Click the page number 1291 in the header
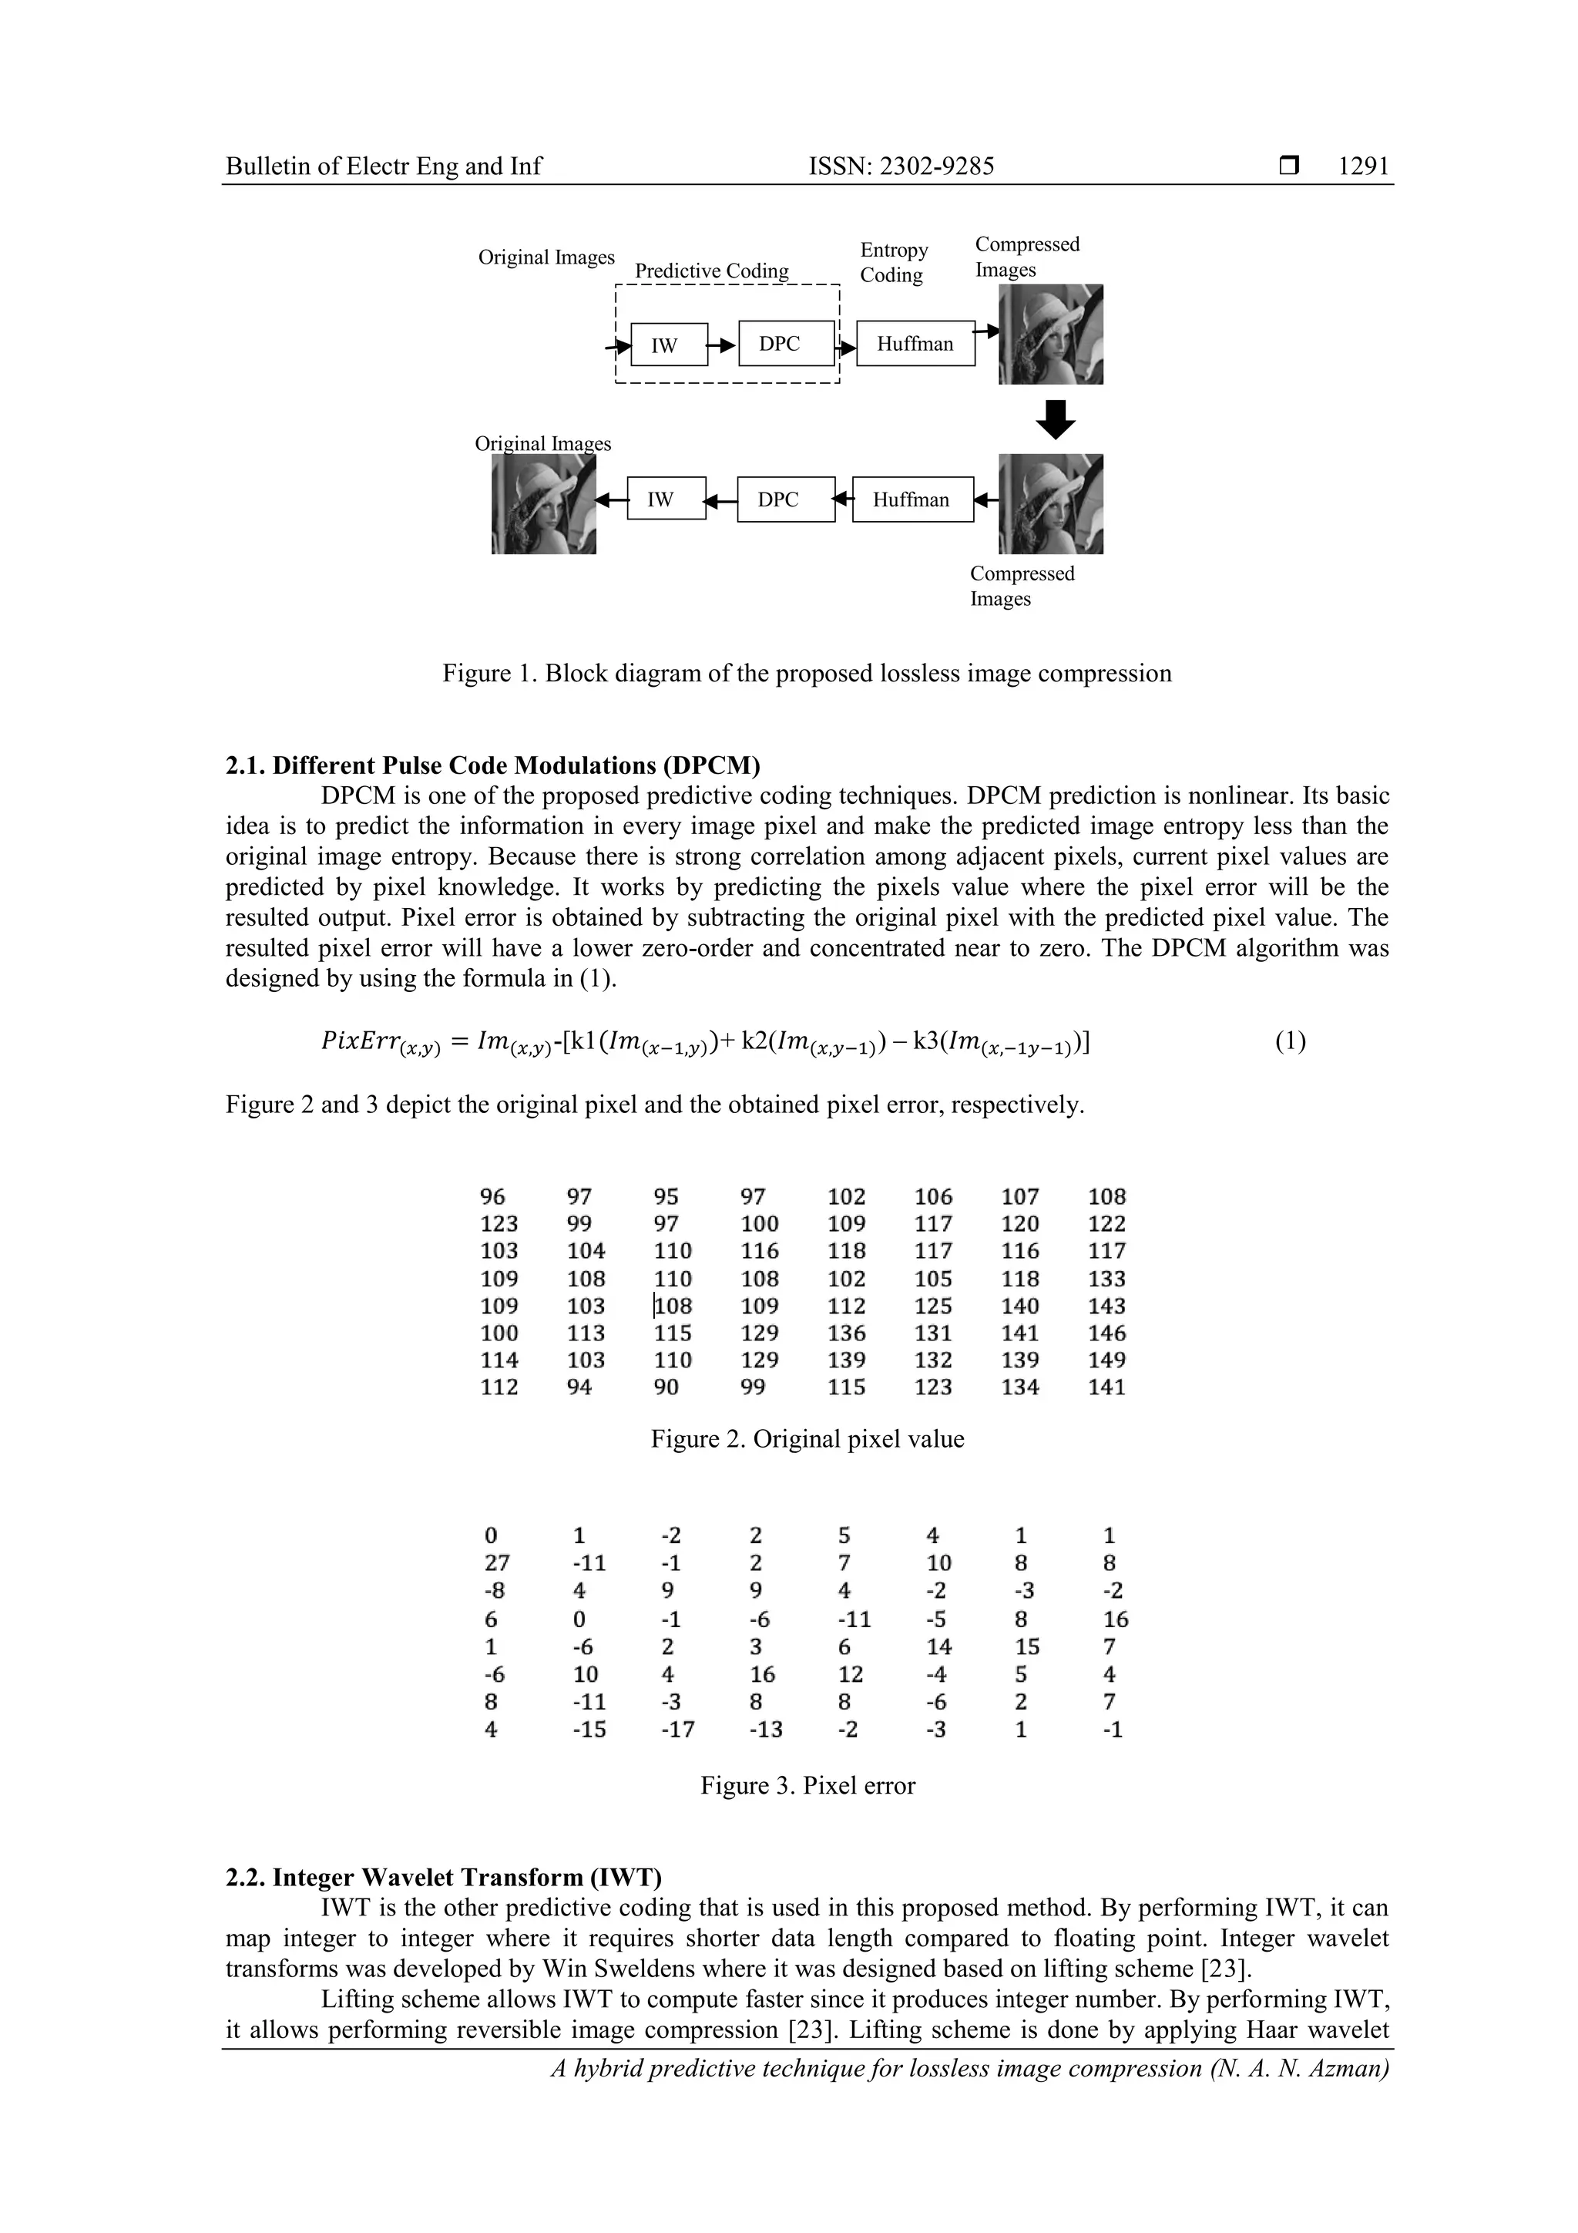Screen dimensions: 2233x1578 point(1363,166)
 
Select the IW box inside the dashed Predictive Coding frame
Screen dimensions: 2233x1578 point(668,345)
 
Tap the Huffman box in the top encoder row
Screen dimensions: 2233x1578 point(914,343)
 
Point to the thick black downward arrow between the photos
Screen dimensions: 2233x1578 point(1055,419)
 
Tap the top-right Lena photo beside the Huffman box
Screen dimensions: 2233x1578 point(1050,334)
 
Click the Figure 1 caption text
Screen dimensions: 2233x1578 point(806,673)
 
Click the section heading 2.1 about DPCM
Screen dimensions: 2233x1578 point(493,765)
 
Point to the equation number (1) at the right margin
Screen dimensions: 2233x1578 point(1290,1041)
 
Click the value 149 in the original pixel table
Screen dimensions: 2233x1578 point(1106,1360)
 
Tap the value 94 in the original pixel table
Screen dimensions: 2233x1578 point(579,1387)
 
